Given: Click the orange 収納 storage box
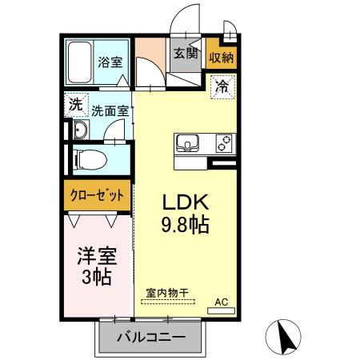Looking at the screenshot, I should click(222, 56).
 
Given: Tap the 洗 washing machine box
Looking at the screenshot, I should click(75, 104).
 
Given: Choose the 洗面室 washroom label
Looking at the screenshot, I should click(110, 112).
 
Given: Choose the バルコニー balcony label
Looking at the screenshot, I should click(146, 337).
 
